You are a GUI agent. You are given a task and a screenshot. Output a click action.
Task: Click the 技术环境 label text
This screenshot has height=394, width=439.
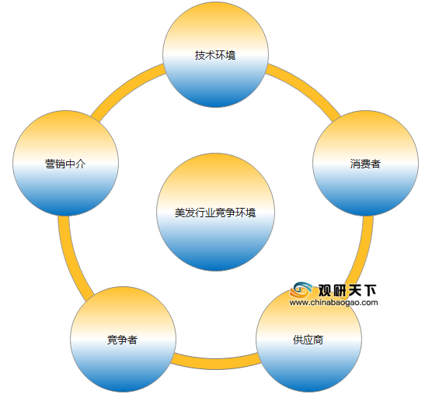[x=215, y=55]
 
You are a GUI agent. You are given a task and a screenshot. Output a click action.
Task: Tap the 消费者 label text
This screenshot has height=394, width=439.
[x=365, y=164]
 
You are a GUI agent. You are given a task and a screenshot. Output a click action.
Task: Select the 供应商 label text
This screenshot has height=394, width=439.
[x=308, y=340]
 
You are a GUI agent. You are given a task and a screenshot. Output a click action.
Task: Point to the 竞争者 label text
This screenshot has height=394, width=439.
[x=122, y=340]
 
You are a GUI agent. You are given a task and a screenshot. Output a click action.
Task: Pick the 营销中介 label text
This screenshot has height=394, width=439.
[x=65, y=164]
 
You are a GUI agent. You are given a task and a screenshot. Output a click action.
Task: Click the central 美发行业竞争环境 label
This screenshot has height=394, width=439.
[x=215, y=213]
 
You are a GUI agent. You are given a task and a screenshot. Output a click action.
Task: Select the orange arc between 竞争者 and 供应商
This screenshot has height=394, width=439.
[x=215, y=364]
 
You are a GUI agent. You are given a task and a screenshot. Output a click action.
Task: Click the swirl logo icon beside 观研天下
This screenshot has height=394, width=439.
[x=301, y=290]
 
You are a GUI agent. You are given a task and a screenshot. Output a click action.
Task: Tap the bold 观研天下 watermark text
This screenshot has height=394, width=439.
[x=347, y=290]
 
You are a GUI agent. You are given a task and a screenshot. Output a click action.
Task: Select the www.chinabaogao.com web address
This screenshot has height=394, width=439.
[x=334, y=302]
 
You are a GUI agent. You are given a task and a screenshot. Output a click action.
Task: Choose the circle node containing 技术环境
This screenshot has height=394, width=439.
[x=215, y=54]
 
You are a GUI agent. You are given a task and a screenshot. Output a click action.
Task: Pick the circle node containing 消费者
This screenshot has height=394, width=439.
[x=365, y=163]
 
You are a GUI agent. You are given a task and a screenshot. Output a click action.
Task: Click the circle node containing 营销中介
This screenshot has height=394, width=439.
[x=65, y=163]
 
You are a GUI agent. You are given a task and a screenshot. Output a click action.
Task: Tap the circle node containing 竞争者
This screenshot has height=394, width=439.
[x=123, y=339]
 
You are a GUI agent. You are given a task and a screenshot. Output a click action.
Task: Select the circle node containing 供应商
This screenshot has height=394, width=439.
[x=308, y=339]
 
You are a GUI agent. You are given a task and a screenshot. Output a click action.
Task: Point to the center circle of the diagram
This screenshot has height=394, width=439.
[x=215, y=212]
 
